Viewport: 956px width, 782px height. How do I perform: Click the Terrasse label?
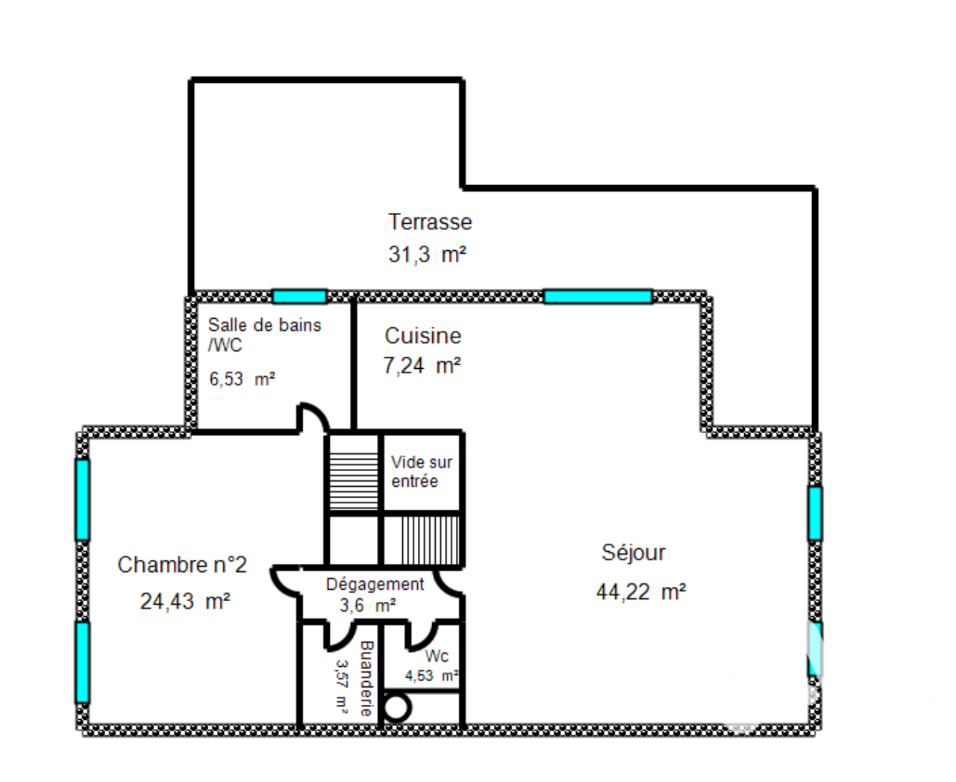pos(430,222)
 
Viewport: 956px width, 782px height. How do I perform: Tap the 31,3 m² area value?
pos(427,254)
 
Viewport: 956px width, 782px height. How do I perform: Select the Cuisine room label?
pos(422,335)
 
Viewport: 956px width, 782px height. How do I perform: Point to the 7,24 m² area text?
pos(422,365)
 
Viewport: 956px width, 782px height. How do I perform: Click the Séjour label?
pos(633,553)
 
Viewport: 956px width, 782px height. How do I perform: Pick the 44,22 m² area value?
pos(641,591)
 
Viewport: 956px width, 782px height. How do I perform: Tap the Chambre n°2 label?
pos(182,565)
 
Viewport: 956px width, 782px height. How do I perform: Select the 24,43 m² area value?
pos(185,601)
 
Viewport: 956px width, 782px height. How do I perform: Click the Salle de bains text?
pos(264,325)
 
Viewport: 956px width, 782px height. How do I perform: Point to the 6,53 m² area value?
pos(242,379)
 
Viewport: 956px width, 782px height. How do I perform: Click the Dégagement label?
pos(375,584)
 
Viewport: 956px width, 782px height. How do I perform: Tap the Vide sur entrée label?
pos(421,471)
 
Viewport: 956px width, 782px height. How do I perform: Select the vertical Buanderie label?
pos(366,678)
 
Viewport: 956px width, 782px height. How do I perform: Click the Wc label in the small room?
pos(436,655)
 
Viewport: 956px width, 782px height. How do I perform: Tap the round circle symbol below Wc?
pos(396,707)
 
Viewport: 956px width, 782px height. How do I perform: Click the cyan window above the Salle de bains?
pos(299,297)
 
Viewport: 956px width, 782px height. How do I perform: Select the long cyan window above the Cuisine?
pos(597,297)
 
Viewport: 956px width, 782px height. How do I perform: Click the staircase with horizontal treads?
pos(353,480)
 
